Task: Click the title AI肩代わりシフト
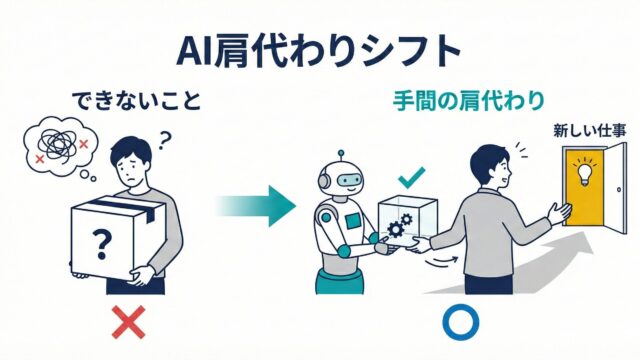319,51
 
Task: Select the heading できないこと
136,101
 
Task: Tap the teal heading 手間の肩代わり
469,100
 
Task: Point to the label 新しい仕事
590,131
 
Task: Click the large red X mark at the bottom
129,322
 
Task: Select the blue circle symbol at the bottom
461,322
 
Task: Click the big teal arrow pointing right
255,206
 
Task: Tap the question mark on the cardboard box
102,244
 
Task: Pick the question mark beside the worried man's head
164,140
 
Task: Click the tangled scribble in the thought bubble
57,144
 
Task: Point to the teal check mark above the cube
411,178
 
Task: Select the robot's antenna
341,157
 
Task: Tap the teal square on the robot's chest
353,222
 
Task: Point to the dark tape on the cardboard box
123,207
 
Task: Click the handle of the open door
619,189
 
